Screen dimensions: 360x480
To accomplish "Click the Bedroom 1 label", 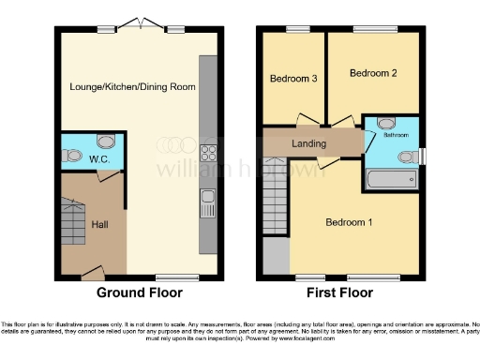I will (x=349, y=222).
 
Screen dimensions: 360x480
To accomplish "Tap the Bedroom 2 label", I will (x=373, y=72).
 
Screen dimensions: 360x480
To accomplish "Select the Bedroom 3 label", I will (x=292, y=79).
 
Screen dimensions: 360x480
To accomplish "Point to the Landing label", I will (x=308, y=143).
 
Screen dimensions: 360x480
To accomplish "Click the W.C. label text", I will (x=75, y=158).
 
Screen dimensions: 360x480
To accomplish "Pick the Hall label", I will (x=100, y=224).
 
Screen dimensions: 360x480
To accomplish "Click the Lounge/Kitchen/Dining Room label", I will (x=131, y=86).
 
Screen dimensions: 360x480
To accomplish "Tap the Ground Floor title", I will (x=139, y=292).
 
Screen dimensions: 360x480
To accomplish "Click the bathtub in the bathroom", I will (x=389, y=179).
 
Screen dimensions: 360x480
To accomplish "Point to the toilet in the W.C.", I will (x=104, y=143).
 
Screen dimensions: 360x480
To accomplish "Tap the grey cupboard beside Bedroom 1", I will (x=276, y=254).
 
